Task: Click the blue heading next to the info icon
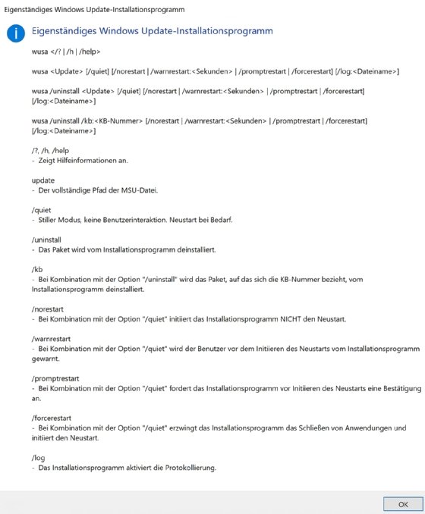[x=153, y=32]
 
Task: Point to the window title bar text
[x=95, y=8]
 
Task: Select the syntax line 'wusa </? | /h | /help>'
[x=66, y=52]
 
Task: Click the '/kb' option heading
[x=36, y=269]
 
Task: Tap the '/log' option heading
[x=38, y=458]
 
